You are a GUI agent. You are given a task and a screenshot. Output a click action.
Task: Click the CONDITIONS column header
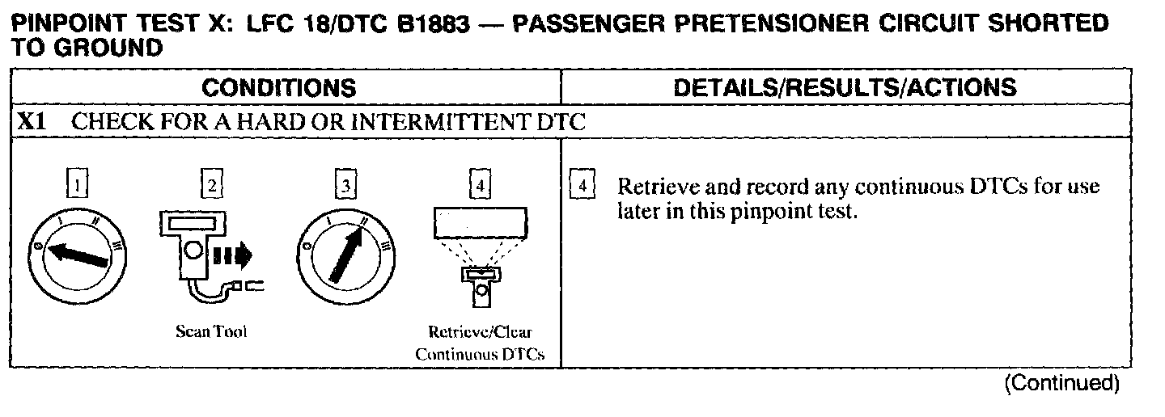pos(278,87)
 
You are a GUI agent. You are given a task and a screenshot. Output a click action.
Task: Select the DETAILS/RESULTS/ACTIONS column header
pos(845,87)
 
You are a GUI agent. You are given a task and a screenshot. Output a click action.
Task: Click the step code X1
pos(32,123)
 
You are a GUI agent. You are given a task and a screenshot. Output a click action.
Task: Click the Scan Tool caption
pos(211,332)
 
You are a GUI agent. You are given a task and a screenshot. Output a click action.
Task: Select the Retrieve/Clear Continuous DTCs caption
pos(481,343)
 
